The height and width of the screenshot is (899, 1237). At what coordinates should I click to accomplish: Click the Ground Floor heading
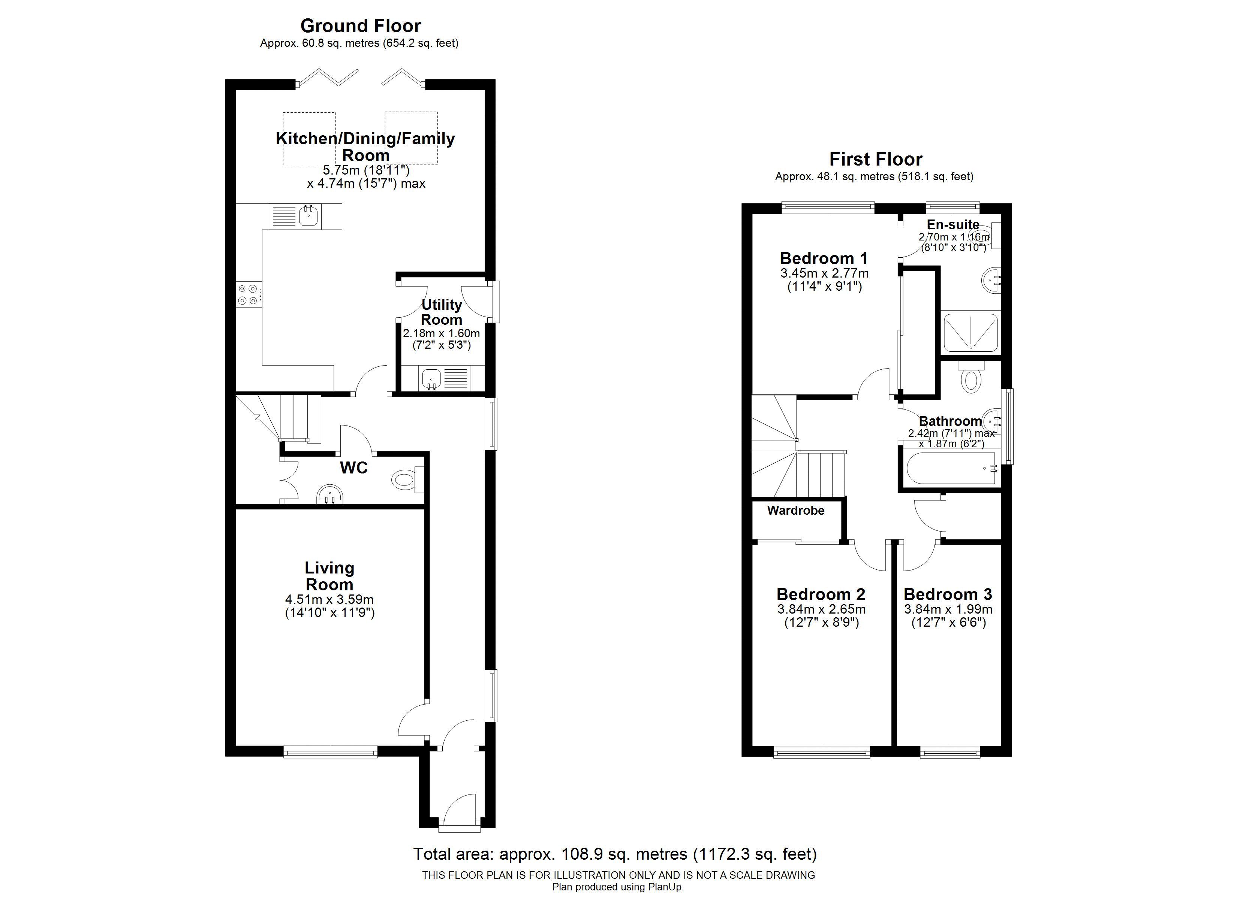(361, 25)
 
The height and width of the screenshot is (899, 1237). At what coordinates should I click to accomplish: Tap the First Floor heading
(875, 159)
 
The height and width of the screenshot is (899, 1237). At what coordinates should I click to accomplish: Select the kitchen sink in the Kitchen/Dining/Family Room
(309, 216)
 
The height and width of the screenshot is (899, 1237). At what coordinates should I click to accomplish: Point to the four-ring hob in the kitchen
(249, 294)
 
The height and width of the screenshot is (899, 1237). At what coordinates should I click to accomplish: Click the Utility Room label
(441, 312)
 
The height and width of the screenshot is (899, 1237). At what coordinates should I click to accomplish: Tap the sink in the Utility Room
(431, 378)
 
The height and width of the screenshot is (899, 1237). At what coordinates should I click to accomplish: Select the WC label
(354, 468)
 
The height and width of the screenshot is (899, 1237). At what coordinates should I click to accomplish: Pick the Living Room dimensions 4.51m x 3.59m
(329, 600)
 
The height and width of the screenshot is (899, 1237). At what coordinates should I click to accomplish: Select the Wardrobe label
(796, 510)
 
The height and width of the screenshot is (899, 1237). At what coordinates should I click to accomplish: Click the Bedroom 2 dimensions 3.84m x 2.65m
(821, 609)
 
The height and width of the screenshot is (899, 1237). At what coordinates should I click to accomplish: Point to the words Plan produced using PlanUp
(618, 887)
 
